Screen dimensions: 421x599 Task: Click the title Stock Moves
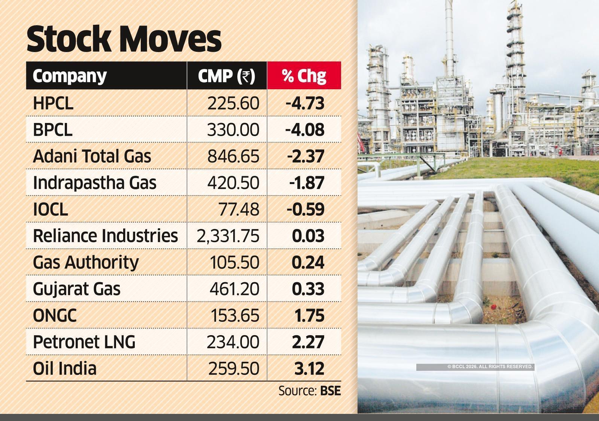[124, 39]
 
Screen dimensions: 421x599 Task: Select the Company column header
[70, 76]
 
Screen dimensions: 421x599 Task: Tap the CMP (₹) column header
[226, 76]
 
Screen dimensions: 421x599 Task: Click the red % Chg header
[304, 76]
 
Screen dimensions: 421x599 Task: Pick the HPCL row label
[53, 103]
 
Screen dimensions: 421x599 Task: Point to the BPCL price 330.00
[233, 130]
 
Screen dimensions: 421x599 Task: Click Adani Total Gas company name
[92, 156]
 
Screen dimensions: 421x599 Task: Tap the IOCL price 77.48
[238, 209]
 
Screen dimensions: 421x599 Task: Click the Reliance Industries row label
[105, 236]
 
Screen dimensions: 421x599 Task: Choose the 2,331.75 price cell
[228, 236]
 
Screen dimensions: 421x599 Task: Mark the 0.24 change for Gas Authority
[308, 262]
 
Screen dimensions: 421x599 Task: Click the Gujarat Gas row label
[77, 289]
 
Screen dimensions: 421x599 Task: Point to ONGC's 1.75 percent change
[309, 316]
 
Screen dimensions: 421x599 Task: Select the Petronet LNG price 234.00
[233, 342]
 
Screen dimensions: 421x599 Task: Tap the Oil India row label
[64, 369]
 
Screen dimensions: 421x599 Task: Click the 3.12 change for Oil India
[309, 369]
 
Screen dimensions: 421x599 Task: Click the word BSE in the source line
[330, 391]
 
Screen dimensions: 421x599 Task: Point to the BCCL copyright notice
[490, 367]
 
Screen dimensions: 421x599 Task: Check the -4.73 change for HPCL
[305, 103]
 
